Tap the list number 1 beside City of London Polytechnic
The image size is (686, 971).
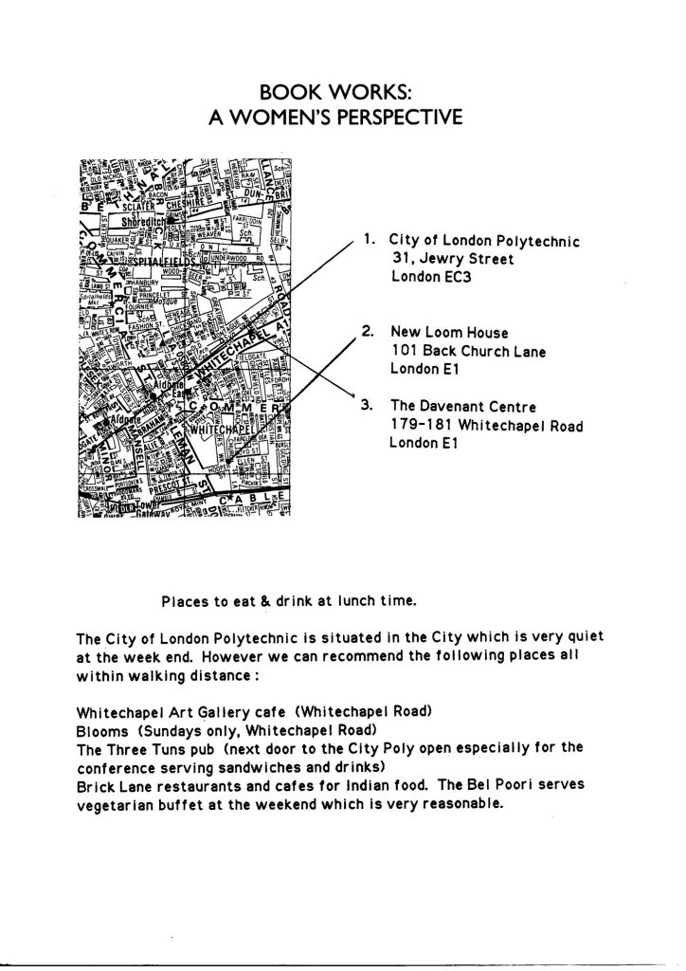(x=368, y=241)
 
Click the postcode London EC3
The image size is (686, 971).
(x=428, y=276)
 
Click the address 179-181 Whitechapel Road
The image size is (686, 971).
(x=486, y=425)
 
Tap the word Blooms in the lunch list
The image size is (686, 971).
(x=101, y=731)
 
